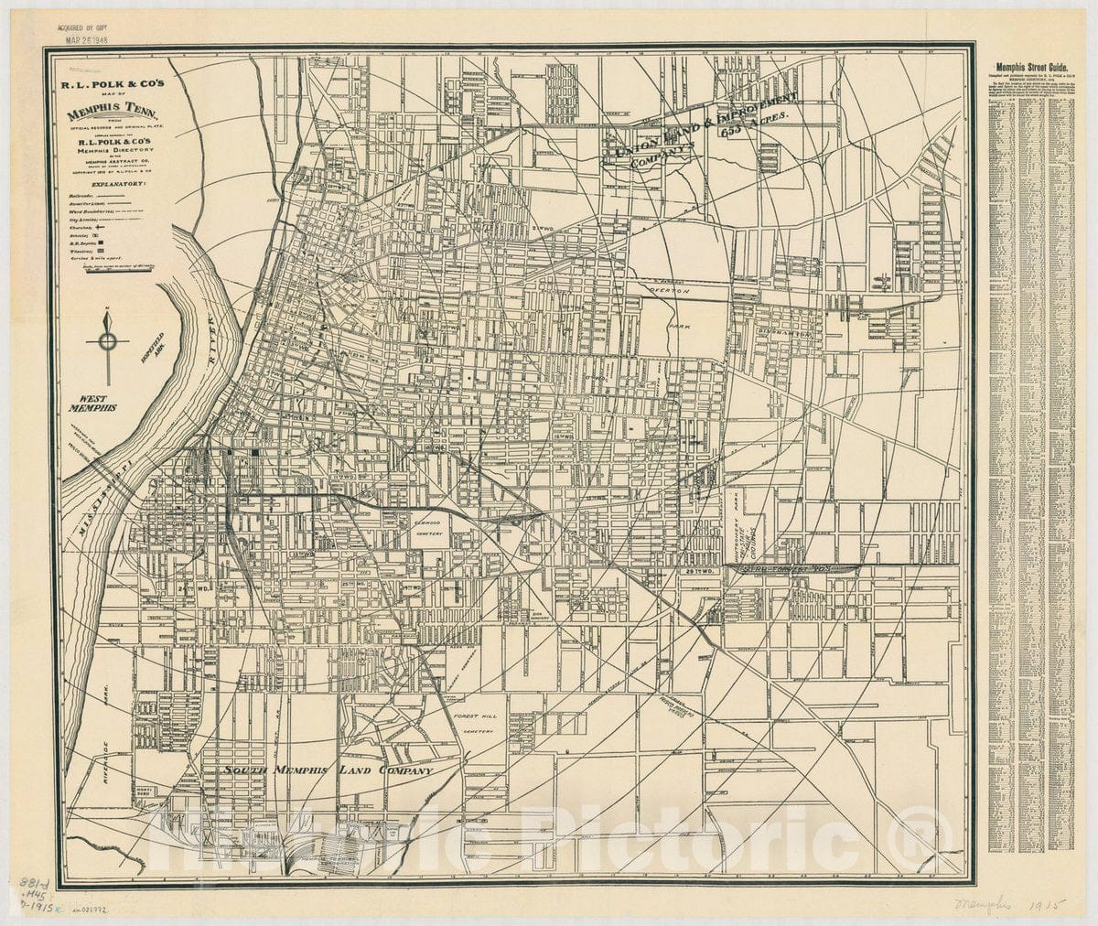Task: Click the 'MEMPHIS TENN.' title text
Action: pos(113,115)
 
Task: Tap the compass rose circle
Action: pos(108,342)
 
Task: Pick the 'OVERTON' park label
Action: pos(667,289)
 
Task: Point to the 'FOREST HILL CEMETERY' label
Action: pos(474,723)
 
